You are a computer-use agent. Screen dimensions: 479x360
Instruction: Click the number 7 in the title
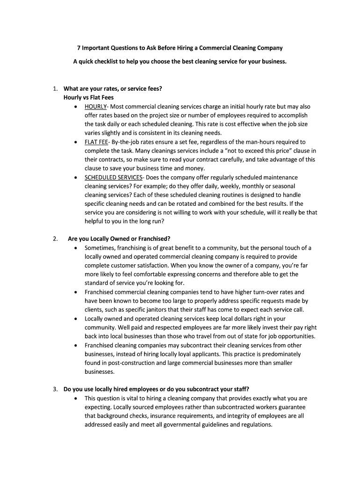pos(79,48)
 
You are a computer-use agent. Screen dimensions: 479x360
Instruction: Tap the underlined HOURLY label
pos(95,106)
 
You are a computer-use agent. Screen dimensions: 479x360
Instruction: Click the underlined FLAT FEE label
pos(96,142)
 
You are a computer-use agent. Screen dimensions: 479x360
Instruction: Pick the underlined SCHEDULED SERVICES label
pos(113,177)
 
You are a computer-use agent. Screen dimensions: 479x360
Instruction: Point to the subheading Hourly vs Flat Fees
pos(88,97)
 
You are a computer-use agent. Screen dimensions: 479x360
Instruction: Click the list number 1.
pos(55,88)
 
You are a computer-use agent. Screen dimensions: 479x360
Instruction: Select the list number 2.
pos(55,239)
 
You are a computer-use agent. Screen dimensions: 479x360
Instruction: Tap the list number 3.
pos(55,389)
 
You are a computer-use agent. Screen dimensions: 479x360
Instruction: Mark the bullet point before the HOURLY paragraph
pos(76,107)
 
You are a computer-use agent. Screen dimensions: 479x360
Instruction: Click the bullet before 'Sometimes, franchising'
pos(76,248)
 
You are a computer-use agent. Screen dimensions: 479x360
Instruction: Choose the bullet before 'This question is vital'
pos(76,398)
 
